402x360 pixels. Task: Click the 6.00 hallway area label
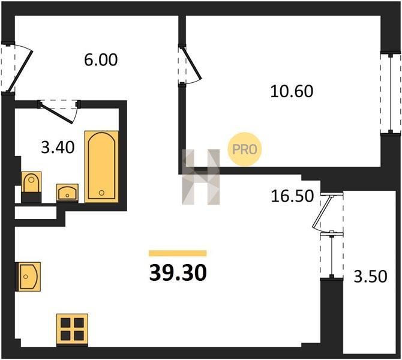click(x=101, y=60)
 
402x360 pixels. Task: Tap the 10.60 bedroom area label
click(x=292, y=91)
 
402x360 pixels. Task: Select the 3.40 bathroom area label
click(x=58, y=148)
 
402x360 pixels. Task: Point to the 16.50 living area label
click(x=292, y=196)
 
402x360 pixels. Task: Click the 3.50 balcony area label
click(x=370, y=277)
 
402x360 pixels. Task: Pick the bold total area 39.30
click(x=178, y=273)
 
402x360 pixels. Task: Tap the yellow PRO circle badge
click(x=245, y=149)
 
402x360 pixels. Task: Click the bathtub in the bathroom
click(x=101, y=167)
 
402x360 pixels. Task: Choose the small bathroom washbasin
click(x=67, y=193)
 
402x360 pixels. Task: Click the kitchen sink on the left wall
click(x=28, y=277)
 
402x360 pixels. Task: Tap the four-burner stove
click(x=72, y=329)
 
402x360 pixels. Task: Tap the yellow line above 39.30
click(x=178, y=253)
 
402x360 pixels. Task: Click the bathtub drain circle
click(x=101, y=193)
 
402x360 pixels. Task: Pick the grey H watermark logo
click(x=201, y=177)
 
